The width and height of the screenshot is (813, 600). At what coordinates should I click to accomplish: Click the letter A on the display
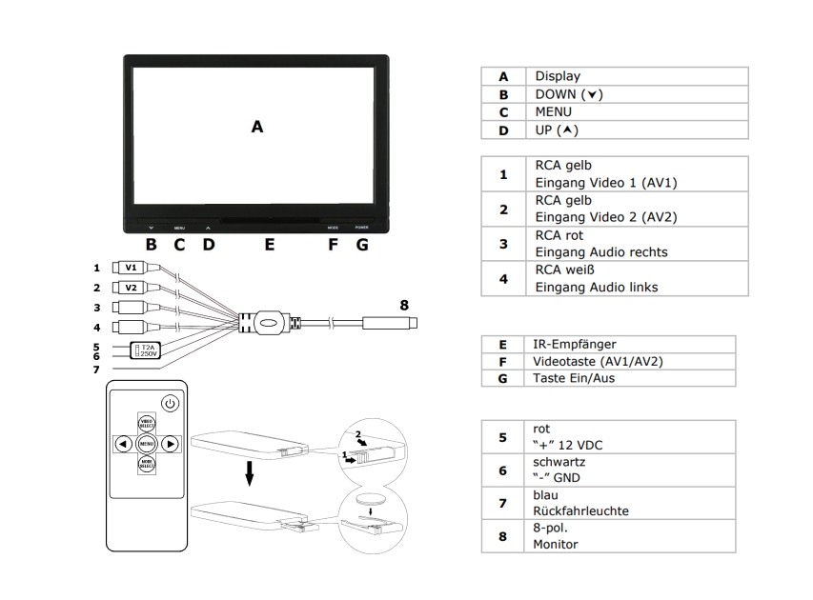[256, 127]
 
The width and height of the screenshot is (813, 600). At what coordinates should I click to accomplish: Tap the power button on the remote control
[169, 403]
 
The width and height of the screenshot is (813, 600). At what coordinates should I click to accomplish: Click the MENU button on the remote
[147, 444]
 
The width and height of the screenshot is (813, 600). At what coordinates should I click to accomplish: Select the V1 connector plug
[132, 269]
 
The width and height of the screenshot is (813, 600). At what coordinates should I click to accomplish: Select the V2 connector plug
[132, 288]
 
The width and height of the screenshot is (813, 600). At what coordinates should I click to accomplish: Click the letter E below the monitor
[270, 245]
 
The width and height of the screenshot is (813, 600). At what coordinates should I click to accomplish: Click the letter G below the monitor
[361, 245]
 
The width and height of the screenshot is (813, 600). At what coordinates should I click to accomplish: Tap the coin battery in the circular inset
[368, 500]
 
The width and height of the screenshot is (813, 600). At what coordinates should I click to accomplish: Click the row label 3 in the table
[504, 243]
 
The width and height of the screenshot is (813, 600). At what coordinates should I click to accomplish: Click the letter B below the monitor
[151, 245]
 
